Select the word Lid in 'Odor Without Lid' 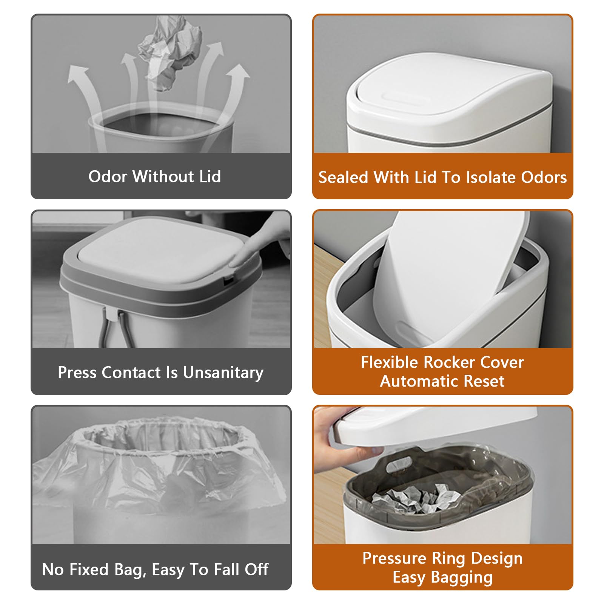pyautogui.click(x=210, y=177)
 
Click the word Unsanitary pyautogui.click(x=223, y=373)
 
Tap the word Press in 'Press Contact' pyautogui.click(x=77, y=373)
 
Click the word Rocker pyautogui.click(x=447, y=362)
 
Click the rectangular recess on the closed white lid pyautogui.click(x=407, y=98)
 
